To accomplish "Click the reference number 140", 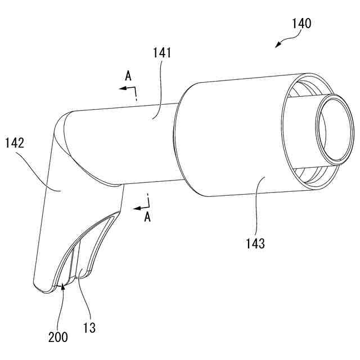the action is coord(301,24).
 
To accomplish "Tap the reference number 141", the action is coord(161,53).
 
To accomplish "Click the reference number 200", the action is coord(57,337).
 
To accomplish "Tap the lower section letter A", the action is coord(147,218).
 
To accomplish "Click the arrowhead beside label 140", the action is coord(277,46).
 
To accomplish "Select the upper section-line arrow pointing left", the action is coord(121,88).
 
